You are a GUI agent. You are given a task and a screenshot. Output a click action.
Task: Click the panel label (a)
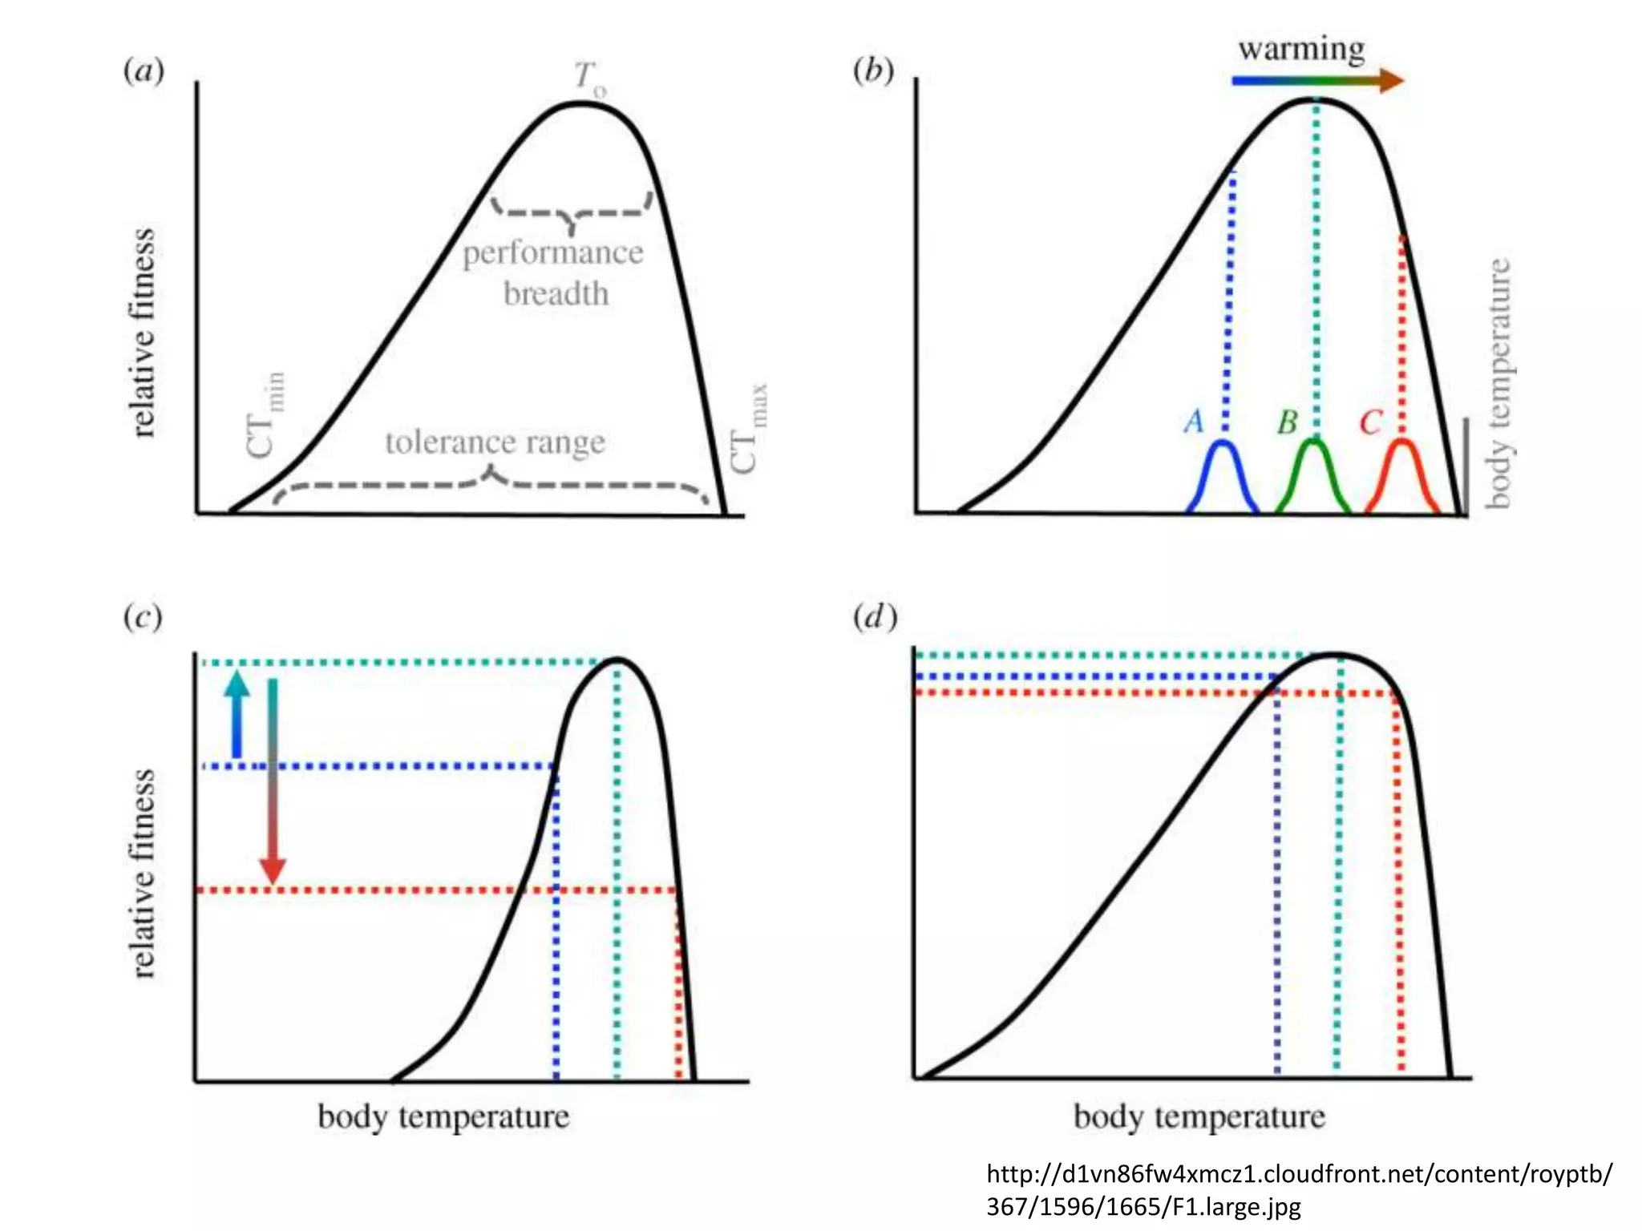click(144, 71)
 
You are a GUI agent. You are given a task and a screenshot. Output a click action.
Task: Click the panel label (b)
click(873, 71)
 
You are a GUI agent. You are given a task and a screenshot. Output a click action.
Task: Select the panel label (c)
click(143, 618)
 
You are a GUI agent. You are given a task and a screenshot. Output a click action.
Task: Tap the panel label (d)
click(875, 618)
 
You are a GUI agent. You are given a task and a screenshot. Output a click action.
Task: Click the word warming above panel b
click(1301, 50)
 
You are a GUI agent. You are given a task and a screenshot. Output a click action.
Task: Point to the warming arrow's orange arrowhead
click(1392, 80)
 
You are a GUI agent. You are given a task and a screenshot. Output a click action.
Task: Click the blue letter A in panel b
click(1194, 421)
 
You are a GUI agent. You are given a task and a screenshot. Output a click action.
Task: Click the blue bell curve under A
click(1223, 473)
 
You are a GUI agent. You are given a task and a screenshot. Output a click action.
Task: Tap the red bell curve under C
click(1402, 473)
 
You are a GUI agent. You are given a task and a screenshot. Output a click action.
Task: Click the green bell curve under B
click(1313, 473)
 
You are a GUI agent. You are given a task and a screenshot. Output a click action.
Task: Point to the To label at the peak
click(589, 79)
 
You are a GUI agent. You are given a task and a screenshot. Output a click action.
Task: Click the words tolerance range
click(495, 442)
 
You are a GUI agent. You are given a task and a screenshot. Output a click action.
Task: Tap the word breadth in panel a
click(556, 294)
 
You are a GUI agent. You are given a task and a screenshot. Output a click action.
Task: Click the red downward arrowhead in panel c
click(273, 871)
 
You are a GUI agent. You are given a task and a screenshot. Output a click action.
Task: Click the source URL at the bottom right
click(1299, 1190)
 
